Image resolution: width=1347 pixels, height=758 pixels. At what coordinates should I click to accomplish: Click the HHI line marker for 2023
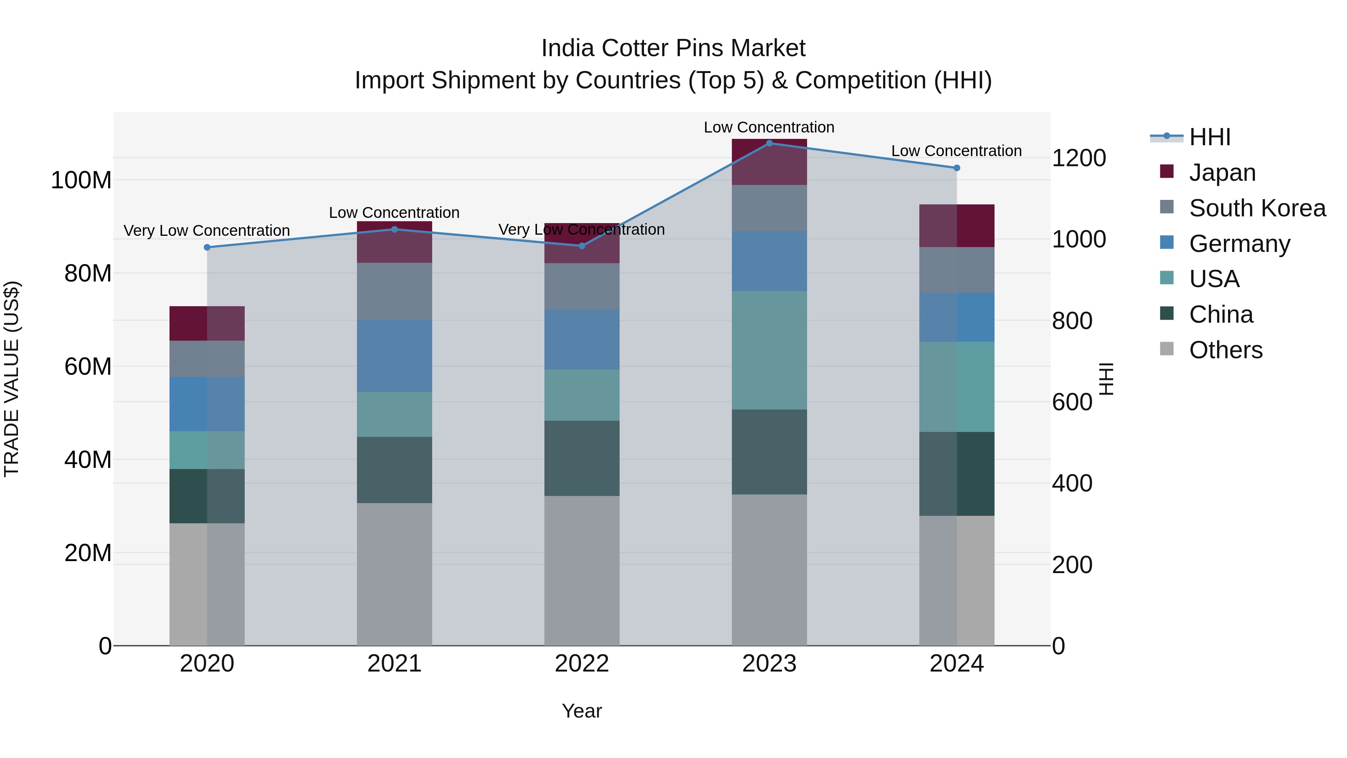pos(769,143)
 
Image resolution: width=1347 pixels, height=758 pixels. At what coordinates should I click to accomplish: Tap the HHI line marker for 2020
pos(207,247)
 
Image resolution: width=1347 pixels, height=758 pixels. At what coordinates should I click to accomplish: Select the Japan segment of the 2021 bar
pos(394,242)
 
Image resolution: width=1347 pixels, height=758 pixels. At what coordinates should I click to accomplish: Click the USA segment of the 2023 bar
pos(769,350)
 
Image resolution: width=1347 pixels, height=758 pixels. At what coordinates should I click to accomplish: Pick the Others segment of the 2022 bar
pos(581,570)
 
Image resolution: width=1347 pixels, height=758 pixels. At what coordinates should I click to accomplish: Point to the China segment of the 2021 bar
pos(394,470)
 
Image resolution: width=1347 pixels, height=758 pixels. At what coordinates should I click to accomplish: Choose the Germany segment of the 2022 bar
pos(581,340)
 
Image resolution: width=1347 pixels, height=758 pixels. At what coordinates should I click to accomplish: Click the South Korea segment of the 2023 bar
pos(769,208)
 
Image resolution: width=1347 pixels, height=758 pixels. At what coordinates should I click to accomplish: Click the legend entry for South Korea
pos(1257,208)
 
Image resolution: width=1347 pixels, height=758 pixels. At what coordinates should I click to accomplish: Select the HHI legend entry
pos(1209,137)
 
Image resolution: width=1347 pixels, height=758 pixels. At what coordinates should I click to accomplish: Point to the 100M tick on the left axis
pos(81,180)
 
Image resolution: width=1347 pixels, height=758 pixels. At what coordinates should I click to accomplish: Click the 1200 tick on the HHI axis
pos(1079,158)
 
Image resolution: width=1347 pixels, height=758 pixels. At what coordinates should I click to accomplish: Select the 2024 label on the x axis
pos(956,664)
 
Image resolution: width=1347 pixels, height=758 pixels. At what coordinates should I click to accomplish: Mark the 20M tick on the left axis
pos(88,553)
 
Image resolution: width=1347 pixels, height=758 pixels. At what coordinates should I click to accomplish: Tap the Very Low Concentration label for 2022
pos(581,230)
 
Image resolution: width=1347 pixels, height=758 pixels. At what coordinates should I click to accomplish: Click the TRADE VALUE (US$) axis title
pos(12,379)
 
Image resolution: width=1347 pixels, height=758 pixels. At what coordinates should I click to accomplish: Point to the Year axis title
pos(581,711)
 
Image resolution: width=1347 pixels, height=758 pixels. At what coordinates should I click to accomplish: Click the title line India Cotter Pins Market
pos(673,48)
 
